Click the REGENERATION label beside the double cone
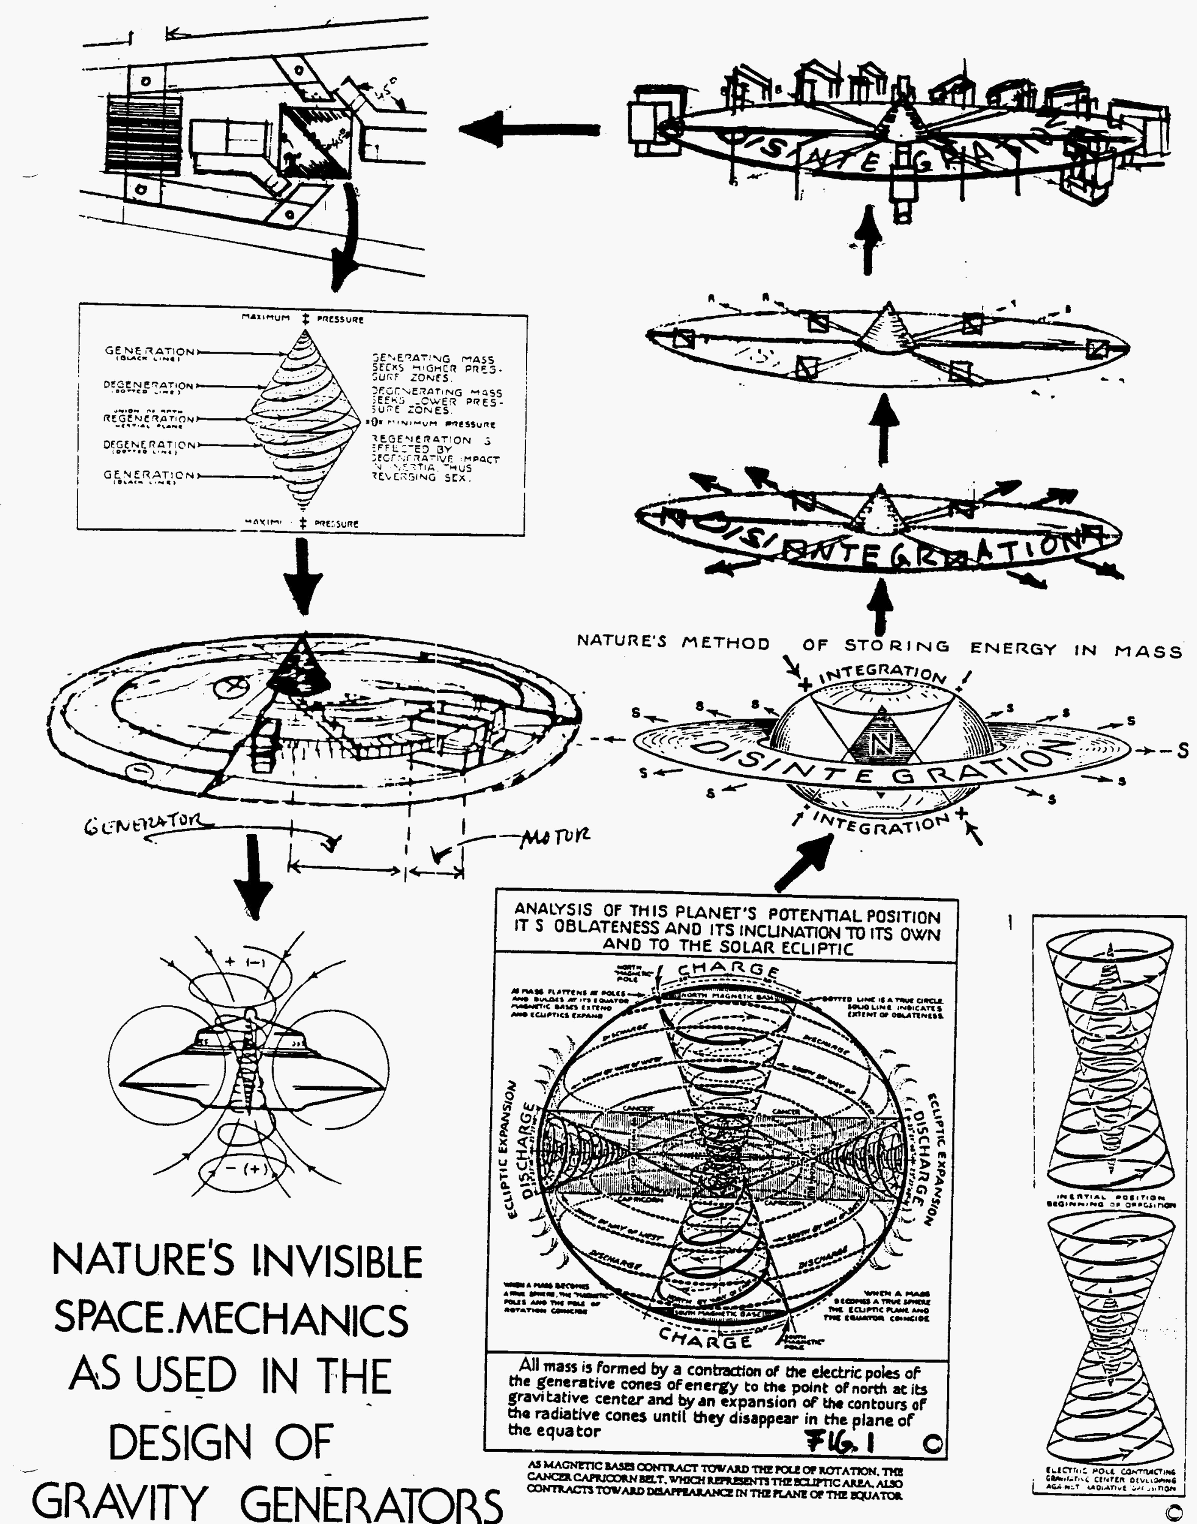pyautogui.click(x=149, y=419)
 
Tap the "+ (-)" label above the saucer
pyautogui.click(x=244, y=963)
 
